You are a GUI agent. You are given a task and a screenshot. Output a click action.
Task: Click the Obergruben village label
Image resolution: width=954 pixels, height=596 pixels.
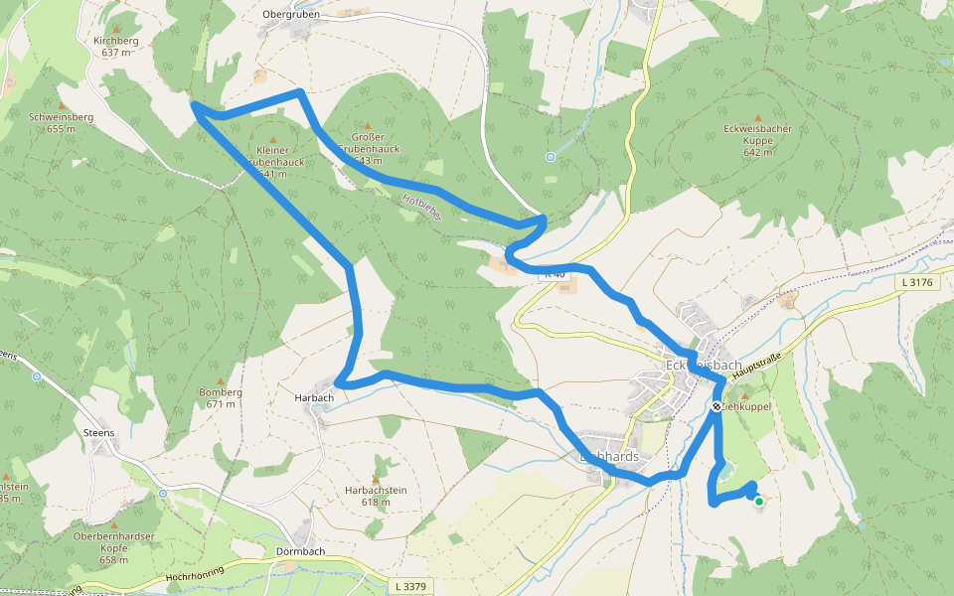[x=289, y=15]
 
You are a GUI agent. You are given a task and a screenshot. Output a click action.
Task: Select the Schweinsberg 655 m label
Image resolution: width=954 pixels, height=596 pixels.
[x=62, y=122]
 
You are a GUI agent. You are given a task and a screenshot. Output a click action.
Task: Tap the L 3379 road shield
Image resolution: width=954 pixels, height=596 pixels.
[x=409, y=586]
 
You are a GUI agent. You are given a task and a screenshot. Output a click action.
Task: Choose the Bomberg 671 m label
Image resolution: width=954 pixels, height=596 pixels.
[x=221, y=397]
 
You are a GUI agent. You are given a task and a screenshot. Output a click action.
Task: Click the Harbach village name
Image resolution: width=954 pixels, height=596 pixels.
[x=314, y=397]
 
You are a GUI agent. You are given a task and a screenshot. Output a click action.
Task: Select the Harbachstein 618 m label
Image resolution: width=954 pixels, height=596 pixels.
[x=376, y=496]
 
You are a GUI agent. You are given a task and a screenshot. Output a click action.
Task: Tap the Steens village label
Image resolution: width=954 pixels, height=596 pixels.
[x=99, y=433]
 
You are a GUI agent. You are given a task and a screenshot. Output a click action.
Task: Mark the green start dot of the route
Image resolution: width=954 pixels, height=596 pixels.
[x=759, y=502]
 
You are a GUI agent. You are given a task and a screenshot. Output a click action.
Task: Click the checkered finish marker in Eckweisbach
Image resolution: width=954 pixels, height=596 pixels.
[x=716, y=406]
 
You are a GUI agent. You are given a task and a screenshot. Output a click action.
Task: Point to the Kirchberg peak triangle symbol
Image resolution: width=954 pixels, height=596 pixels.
[x=116, y=30]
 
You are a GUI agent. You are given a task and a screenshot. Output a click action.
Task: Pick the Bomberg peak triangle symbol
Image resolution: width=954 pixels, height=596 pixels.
[x=221, y=379]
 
